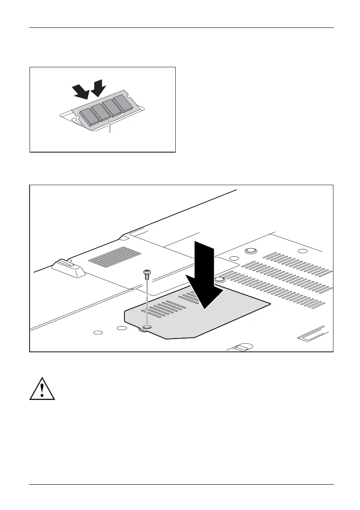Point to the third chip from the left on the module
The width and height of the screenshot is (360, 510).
point(113,108)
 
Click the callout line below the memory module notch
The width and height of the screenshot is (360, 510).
point(111,128)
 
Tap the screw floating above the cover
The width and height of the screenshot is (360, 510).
point(147,273)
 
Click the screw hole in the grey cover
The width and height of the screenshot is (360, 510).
point(147,327)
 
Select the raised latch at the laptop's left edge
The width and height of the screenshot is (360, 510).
point(67,269)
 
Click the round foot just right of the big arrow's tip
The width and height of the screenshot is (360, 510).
point(219,279)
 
